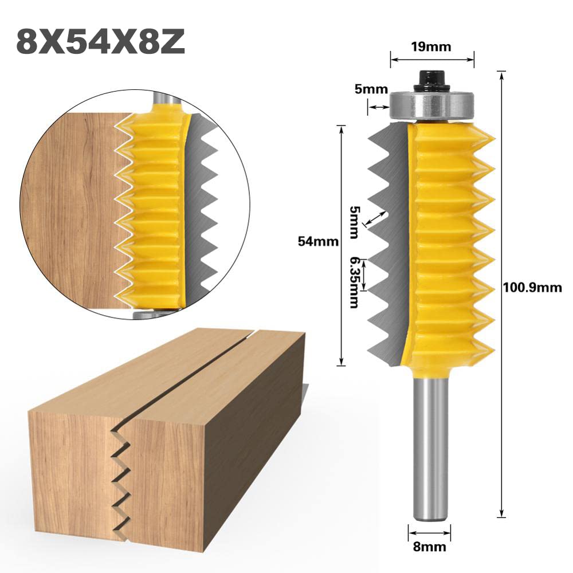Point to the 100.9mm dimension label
coord(532,288)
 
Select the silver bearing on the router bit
coord(432,106)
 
